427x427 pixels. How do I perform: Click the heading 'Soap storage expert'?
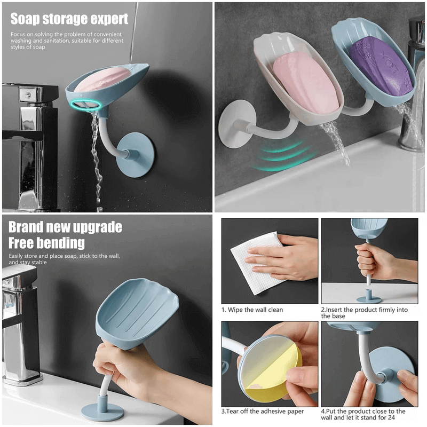tap(69, 19)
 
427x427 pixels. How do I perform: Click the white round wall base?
tap(234, 126)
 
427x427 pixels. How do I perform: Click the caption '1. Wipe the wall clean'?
tap(252, 310)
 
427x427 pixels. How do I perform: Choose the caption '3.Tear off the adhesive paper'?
tap(263, 411)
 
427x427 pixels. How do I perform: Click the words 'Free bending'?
tap(47, 243)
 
